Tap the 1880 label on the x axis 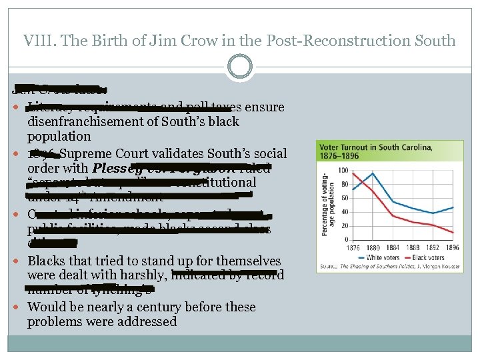tap(373, 246)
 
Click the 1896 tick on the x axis tap(453, 246)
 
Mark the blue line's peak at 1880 tap(373, 173)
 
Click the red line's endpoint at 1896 tap(453, 233)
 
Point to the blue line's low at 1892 tap(433, 213)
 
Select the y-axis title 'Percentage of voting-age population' tap(326, 201)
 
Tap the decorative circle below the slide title tap(239, 67)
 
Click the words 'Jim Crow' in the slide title tap(166, 40)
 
